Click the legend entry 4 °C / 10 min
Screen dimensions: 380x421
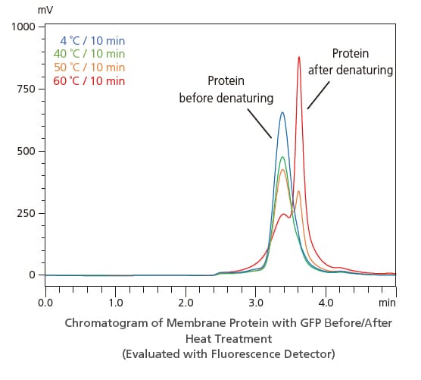92,40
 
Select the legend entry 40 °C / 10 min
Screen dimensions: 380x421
89,54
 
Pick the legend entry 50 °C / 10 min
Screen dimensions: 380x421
89,68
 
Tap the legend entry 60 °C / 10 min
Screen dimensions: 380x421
89,81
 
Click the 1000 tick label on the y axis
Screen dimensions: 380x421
23,27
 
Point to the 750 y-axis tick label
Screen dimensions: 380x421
26,89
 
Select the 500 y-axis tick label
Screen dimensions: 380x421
26,151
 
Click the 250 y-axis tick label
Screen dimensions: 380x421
26,213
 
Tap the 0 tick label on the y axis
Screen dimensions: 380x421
33,275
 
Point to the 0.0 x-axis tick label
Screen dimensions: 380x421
45,302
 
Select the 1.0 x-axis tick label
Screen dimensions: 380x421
116,302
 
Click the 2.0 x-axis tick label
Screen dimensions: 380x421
186,302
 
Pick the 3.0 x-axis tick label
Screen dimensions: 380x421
256,302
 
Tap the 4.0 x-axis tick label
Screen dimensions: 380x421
326,302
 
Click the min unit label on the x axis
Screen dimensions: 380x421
387,302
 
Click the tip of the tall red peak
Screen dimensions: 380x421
299,57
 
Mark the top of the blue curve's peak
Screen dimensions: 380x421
282,113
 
